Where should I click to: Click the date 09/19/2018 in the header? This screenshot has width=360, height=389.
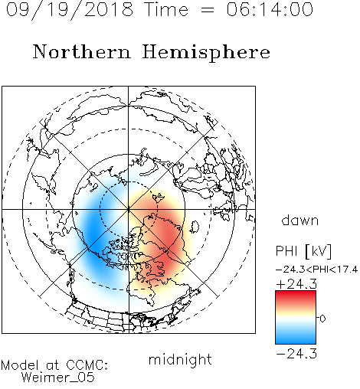[70, 10]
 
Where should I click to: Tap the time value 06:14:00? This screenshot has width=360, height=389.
[270, 10]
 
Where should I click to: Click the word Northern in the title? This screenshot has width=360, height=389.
[82, 51]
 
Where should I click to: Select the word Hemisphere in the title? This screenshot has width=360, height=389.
[206, 53]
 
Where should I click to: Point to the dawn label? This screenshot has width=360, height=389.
[300, 221]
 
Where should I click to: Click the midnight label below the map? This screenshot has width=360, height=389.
[180, 359]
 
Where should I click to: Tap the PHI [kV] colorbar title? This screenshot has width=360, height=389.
[304, 251]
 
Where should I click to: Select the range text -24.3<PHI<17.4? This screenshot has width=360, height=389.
[316, 270]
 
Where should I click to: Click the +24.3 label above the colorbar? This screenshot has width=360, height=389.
[296, 284]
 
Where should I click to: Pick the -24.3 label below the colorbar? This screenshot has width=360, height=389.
[296, 354]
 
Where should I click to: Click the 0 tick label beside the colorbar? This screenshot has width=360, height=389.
[322, 319]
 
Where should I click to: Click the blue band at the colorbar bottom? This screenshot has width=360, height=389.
[296, 338]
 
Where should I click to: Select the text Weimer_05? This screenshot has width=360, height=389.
[58, 378]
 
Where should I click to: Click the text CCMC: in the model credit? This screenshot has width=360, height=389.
[87, 365]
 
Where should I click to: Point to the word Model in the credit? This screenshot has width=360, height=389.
[20, 365]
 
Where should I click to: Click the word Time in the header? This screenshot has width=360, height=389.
[166, 10]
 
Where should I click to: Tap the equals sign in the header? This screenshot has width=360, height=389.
[208, 11]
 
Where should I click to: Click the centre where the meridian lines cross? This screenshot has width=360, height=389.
[129, 210]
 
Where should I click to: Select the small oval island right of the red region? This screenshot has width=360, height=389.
[195, 227]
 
